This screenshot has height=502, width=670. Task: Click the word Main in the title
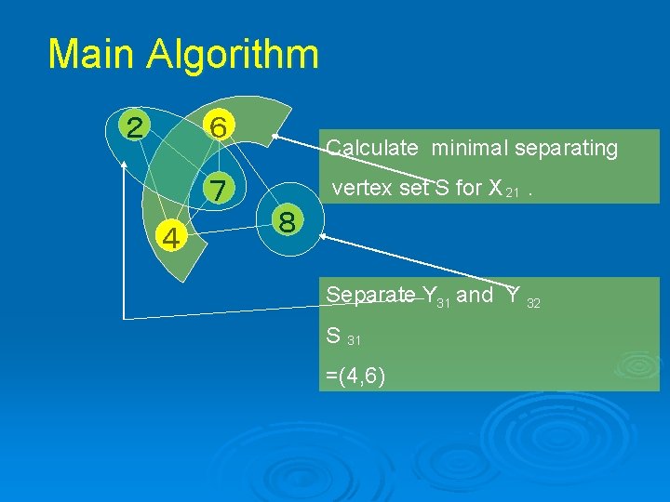pos(90,54)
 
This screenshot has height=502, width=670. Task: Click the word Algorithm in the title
pos(232,56)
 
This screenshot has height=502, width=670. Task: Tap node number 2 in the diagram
pos(136,126)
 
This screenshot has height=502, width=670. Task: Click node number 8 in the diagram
pos(288,223)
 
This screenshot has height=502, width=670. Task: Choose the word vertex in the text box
pos(355,189)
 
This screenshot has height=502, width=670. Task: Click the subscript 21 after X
pos(512,192)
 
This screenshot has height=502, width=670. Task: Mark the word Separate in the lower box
pos(370,296)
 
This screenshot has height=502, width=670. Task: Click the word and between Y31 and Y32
pos(476,295)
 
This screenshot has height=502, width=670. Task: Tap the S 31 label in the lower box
pos(343,337)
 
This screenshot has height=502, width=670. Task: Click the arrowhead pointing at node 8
pos(325,239)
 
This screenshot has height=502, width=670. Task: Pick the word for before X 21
pos(470,189)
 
